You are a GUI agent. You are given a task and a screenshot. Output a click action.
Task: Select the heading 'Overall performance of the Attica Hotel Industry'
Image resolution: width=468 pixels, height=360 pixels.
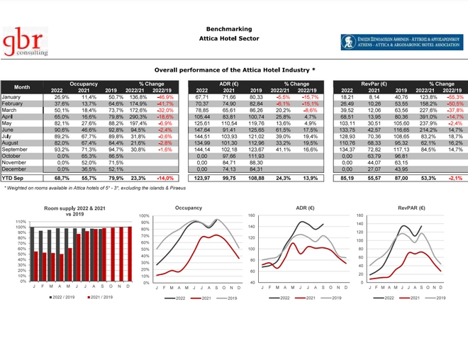pos(234,71)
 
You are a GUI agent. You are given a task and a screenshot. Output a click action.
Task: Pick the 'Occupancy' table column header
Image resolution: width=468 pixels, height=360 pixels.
pos(84,84)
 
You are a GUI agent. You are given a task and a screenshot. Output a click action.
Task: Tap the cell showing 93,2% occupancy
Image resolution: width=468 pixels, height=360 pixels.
pos(62,150)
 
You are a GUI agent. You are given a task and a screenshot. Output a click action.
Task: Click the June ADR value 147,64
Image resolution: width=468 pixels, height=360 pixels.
pos(203,130)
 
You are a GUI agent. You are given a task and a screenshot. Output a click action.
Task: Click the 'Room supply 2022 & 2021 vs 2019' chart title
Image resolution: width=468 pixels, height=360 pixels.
pos(73,210)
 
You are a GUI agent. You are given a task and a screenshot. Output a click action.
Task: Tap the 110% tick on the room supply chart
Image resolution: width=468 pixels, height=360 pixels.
pos(20,222)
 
